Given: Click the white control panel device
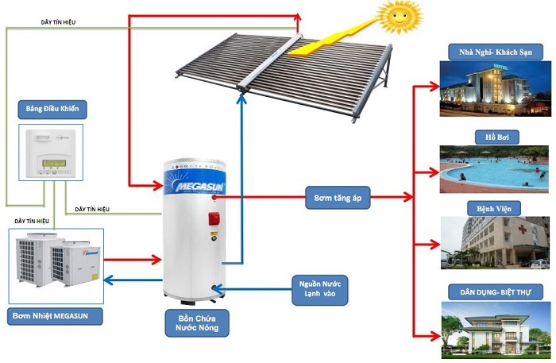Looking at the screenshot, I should click(x=48, y=153).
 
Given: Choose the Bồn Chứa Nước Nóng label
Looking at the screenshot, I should click(x=193, y=322).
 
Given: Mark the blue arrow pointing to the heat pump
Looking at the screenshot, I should click(x=132, y=279).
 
